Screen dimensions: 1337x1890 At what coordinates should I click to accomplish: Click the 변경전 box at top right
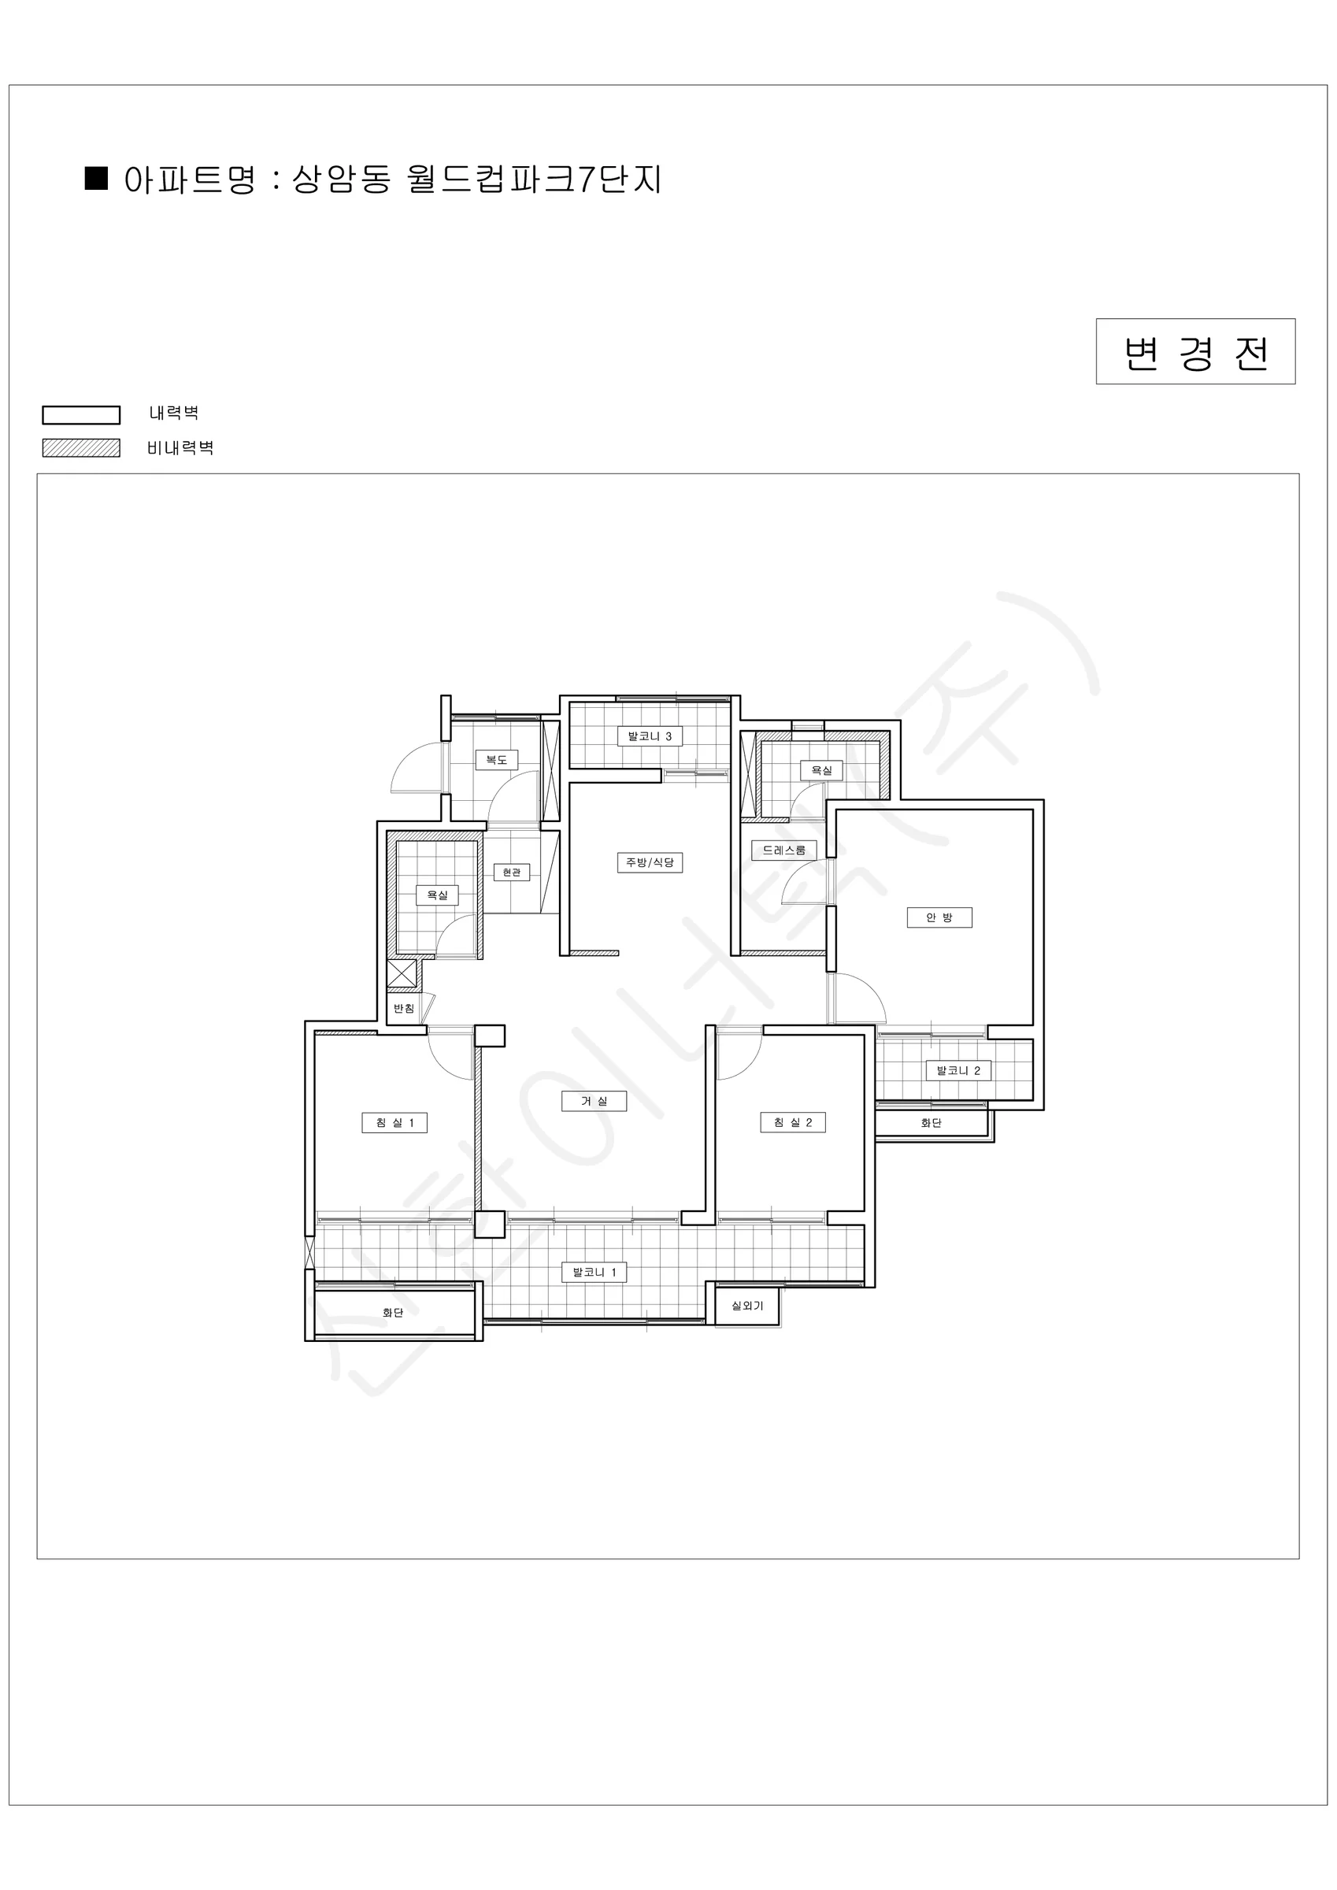pyautogui.click(x=1194, y=351)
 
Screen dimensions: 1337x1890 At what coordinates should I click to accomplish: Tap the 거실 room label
pyautogui.click(x=594, y=1102)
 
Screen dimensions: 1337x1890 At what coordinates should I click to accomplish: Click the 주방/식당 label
pyautogui.click(x=650, y=862)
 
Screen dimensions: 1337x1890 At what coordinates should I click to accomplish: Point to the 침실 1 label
pyautogui.click(x=394, y=1123)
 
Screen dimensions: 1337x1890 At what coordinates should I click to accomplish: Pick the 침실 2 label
pyautogui.click(x=793, y=1123)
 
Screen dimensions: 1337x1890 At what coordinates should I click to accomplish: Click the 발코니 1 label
pyautogui.click(x=594, y=1273)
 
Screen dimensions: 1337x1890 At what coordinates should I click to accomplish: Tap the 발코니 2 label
pyautogui.click(x=958, y=1071)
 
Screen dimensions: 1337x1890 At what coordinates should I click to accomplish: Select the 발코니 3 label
pyautogui.click(x=650, y=736)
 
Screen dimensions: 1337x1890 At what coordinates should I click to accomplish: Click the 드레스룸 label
pyautogui.click(x=783, y=850)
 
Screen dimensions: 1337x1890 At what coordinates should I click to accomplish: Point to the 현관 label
pyautogui.click(x=511, y=872)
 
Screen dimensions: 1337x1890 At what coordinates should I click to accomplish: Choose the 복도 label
pyautogui.click(x=496, y=760)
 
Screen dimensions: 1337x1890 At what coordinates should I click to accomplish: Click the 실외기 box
pyautogui.click(x=746, y=1306)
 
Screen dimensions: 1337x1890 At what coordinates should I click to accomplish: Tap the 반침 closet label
pyautogui.click(x=403, y=1008)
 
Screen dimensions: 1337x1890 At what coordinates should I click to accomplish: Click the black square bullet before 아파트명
pyautogui.click(x=97, y=179)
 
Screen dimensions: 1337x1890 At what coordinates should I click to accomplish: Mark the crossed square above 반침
pyautogui.click(x=402, y=974)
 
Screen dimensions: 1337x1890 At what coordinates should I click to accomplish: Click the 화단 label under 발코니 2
pyautogui.click(x=931, y=1123)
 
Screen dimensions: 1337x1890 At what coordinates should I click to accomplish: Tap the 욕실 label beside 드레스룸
pyautogui.click(x=821, y=770)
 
